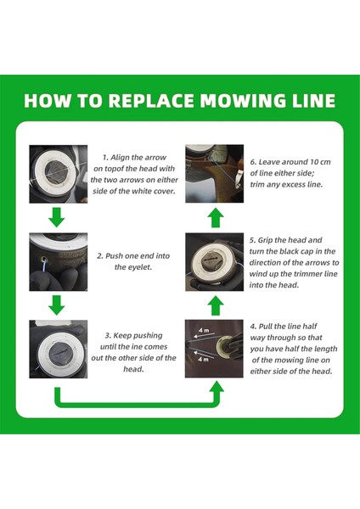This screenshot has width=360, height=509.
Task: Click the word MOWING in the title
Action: coord(243,101)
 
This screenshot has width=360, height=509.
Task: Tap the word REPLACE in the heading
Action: coord(151,101)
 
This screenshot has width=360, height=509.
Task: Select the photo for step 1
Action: coord(59,174)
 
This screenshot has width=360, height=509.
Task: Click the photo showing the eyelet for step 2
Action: coord(59,261)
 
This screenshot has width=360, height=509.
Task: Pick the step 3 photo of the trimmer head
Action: coord(59,350)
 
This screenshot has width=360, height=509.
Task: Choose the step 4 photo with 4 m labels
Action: coord(214,349)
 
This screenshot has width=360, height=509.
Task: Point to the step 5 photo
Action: coord(215,261)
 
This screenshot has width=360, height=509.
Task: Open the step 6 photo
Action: coord(215,174)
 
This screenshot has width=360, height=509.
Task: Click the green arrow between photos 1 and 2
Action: coord(57,217)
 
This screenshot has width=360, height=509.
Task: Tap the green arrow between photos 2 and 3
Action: coord(57,305)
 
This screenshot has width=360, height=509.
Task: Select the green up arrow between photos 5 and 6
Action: coord(216,218)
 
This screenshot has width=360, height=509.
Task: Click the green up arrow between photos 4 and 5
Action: coord(216,305)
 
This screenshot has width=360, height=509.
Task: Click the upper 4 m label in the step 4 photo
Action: coord(204,330)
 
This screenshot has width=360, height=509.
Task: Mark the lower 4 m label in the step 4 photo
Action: coord(204,360)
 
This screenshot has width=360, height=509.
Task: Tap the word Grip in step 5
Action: coord(266,241)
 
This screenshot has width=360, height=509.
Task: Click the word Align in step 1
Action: coord(121,158)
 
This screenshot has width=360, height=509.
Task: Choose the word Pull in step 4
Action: coord(266,327)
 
